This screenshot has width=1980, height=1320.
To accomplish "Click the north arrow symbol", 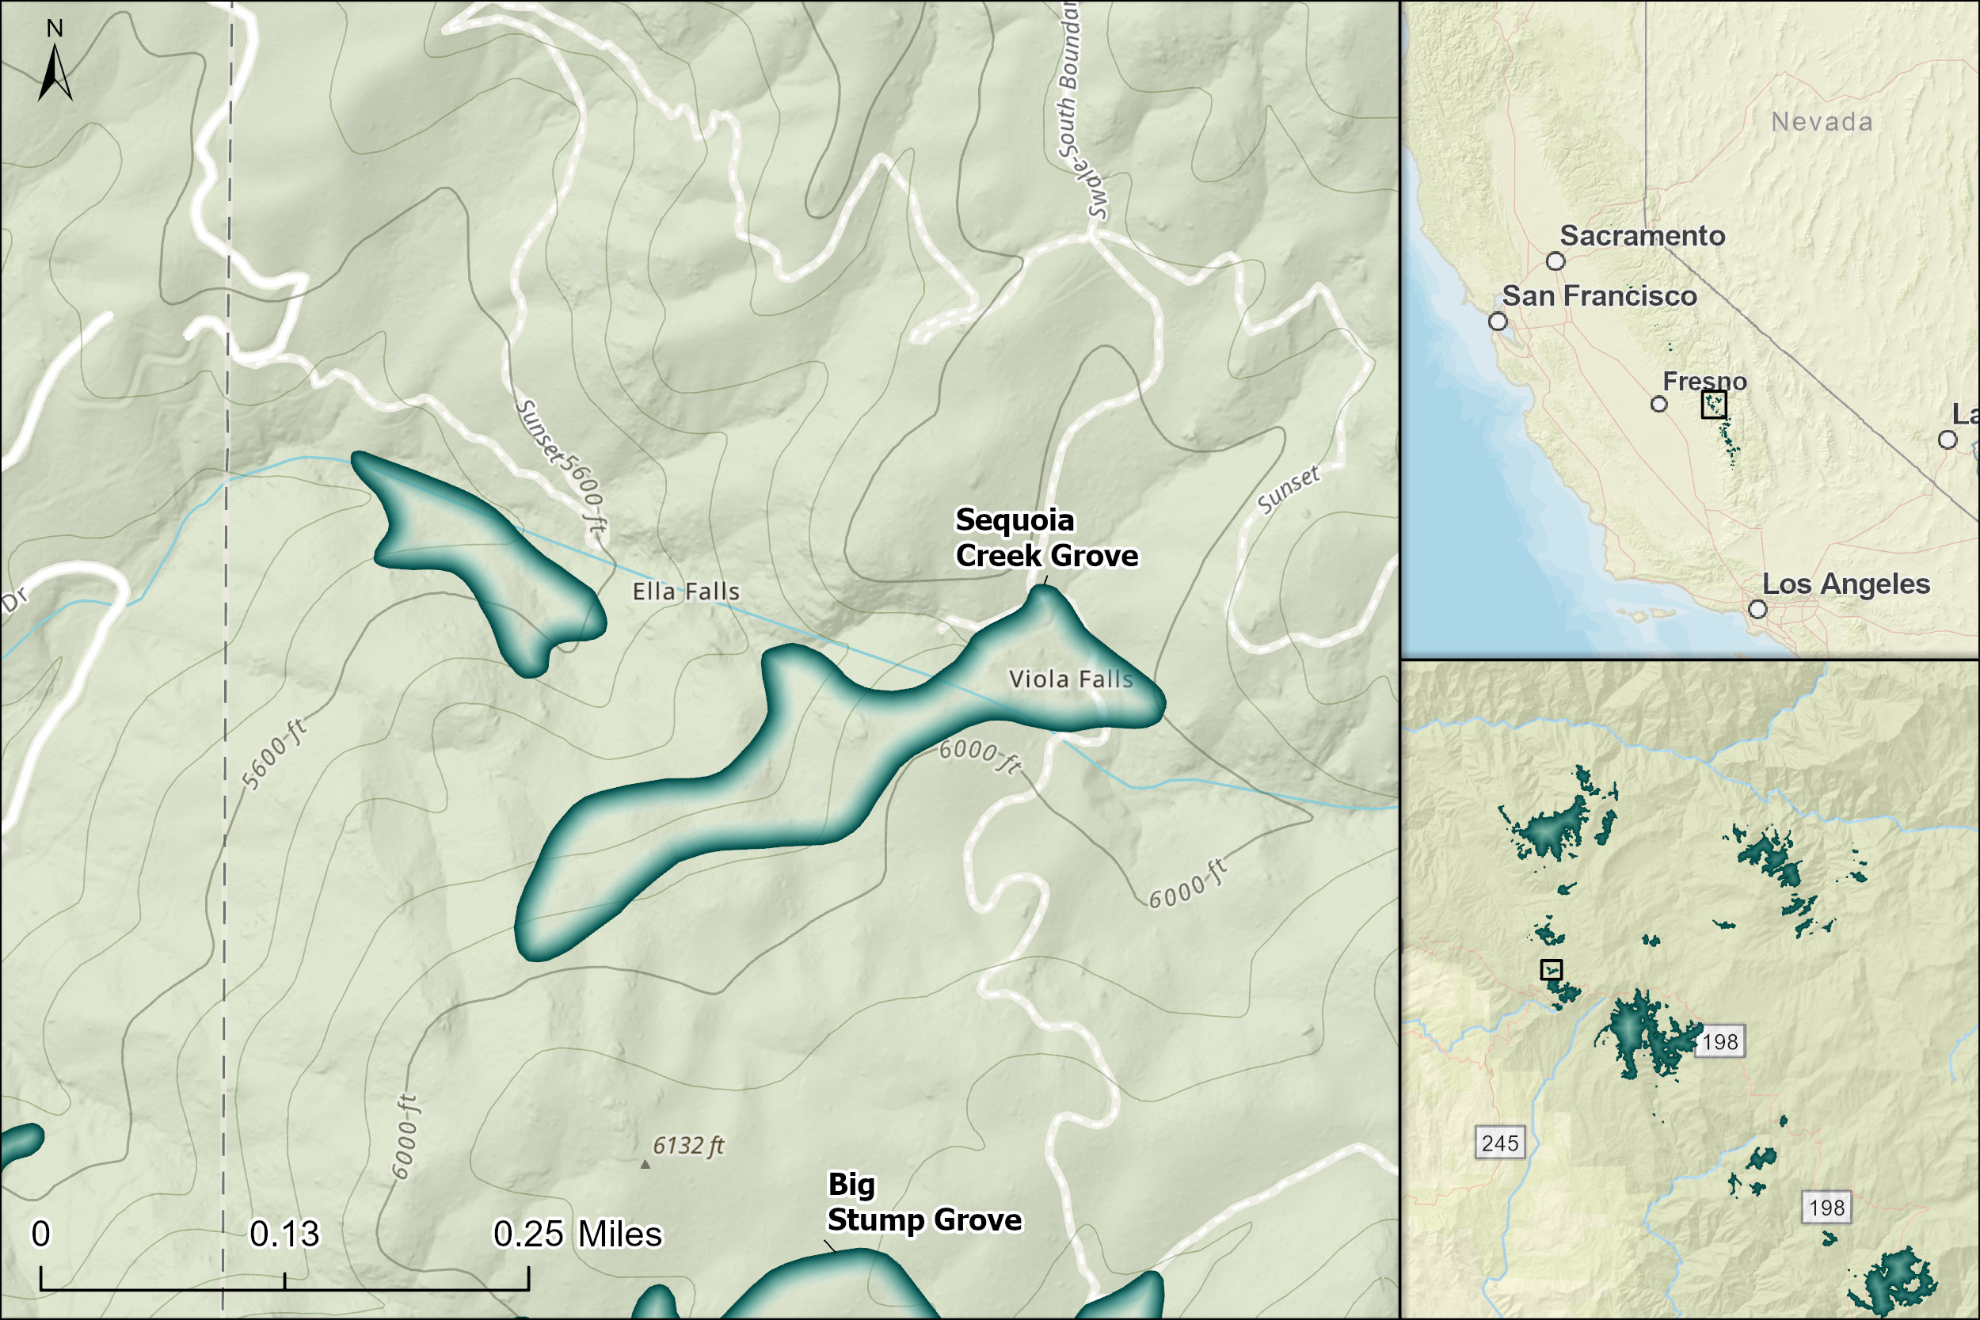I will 55,71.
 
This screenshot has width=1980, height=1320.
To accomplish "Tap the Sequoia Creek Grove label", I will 1045,538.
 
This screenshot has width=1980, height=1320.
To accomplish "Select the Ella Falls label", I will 685,592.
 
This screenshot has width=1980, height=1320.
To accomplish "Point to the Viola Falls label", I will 1070,679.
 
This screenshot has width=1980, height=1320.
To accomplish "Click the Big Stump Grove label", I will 923,1202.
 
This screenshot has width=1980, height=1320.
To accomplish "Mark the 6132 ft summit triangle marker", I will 645,1165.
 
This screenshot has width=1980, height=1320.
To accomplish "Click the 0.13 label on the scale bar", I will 284,1234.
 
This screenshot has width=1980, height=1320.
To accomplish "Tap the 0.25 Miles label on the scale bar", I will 577,1234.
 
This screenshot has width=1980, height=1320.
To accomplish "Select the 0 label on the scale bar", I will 40,1234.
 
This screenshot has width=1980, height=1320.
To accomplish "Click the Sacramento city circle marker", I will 1555,261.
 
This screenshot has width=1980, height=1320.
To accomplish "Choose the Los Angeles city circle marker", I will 1757,609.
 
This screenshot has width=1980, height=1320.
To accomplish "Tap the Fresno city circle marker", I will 1659,404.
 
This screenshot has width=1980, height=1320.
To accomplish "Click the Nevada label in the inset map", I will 1822,122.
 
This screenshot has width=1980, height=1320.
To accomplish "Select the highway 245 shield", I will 1500,1143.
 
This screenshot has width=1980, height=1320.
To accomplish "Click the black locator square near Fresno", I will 1714,404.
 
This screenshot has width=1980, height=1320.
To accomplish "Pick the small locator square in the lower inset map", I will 1552,970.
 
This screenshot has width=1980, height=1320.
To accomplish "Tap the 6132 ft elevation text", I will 687,1146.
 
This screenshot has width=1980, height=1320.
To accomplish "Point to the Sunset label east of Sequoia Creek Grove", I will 1288,489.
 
